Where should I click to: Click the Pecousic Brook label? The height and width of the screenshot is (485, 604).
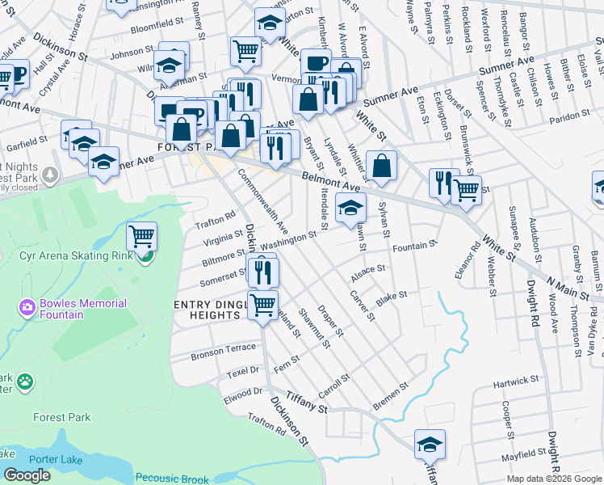point(172,478)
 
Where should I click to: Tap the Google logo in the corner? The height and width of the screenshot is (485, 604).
point(27,474)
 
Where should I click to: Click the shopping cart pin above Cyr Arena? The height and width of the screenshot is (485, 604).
point(141,236)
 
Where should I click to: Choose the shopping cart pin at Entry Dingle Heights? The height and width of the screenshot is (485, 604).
point(262,306)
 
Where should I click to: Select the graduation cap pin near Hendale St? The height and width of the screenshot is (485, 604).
point(350,208)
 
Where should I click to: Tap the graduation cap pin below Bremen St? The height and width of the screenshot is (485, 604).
point(430,443)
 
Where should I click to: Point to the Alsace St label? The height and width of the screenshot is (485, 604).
point(368,272)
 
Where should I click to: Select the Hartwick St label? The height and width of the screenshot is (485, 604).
point(516,380)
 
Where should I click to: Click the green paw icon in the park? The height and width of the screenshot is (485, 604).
point(27,379)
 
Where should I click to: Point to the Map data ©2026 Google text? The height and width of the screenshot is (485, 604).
point(554,479)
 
